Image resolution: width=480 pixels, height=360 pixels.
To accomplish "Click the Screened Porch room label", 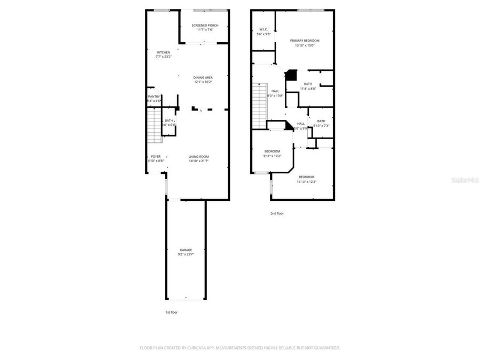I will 205,25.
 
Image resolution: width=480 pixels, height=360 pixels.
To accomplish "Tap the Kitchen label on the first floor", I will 163,52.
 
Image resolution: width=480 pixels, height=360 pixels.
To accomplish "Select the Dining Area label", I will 203,77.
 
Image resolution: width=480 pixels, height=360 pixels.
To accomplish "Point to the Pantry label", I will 154,97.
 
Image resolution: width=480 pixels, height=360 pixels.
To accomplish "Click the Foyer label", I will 155,156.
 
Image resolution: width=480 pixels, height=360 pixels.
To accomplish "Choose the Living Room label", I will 198,156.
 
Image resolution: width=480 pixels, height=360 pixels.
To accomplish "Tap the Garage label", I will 186,250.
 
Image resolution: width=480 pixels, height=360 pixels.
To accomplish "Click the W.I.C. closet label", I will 263,29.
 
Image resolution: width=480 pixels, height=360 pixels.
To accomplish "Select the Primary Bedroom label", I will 305,41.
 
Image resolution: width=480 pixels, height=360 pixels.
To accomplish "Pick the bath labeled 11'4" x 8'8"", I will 308,84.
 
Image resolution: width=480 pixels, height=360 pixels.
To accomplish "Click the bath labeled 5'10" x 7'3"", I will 321,121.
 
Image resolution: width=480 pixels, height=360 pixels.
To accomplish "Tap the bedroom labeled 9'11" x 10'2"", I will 272,151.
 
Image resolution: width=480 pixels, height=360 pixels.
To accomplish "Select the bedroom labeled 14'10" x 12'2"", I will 306,177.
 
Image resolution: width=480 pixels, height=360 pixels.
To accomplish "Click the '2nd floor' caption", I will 277,213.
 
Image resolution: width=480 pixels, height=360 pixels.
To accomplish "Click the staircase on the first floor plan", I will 154,125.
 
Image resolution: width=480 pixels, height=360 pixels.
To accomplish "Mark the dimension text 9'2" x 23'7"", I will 186,255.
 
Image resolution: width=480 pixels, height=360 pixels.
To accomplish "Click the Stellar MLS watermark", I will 466,181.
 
